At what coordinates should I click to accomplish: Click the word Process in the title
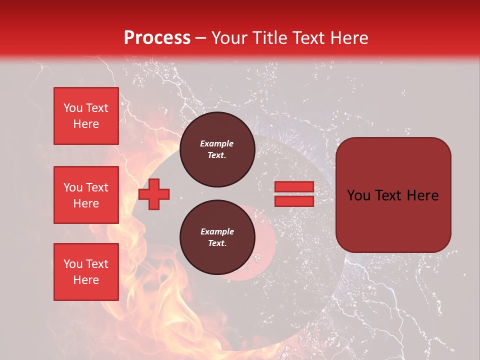157,38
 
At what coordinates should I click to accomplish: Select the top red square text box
86,116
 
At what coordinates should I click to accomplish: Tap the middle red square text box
86,195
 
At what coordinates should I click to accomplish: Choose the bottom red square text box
86,272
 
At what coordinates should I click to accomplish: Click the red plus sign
154,194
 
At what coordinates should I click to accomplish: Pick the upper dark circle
217,149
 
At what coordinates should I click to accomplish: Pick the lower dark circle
217,237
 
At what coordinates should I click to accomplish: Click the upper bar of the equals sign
294,186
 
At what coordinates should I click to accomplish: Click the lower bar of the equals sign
294,201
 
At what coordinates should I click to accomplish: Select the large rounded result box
393,195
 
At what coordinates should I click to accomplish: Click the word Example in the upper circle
217,143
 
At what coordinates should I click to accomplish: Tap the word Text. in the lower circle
217,243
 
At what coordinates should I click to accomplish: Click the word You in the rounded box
359,195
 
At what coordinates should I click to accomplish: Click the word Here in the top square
86,124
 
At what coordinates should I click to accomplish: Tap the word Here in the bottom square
86,280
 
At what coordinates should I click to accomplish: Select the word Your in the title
230,38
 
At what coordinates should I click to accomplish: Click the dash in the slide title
201,38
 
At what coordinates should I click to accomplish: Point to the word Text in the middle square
96,187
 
